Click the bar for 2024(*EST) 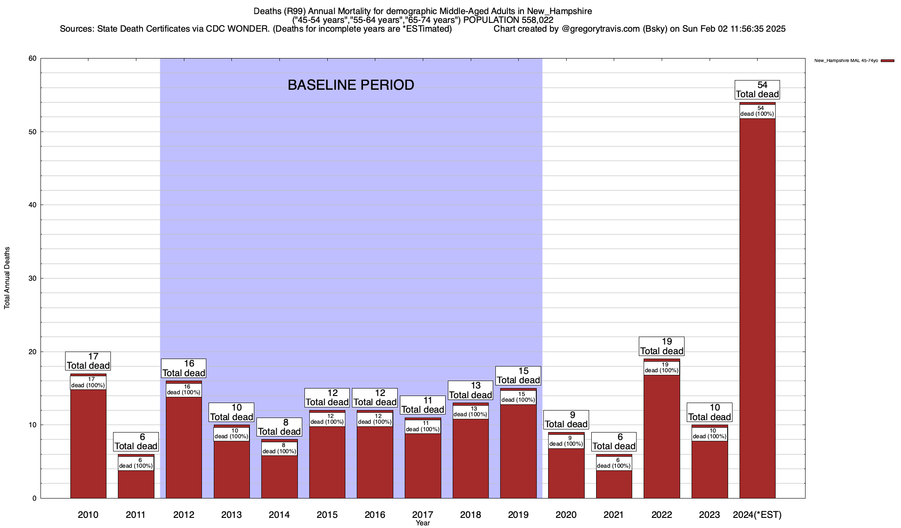[x=757, y=308]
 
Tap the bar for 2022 [x=662, y=436]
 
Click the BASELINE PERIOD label [x=351, y=85]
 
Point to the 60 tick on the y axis [x=33, y=59]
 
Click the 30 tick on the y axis [x=33, y=278]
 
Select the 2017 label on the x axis [x=422, y=514]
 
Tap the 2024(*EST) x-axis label [x=757, y=514]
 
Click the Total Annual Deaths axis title [x=7, y=278]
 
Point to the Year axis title [x=422, y=523]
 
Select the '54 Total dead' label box [x=757, y=90]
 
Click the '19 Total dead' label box [x=662, y=346]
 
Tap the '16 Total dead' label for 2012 [x=183, y=368]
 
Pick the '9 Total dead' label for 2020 [x=566, y=420]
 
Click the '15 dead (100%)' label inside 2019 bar [x=518, y=397]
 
